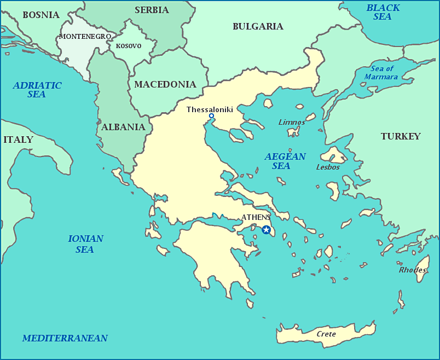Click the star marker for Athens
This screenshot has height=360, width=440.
coord(266,230)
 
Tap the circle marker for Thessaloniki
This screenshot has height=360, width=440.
coord(211,116)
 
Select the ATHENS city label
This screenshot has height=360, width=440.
coord(256,217)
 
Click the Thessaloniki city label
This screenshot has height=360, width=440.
coord(210,109)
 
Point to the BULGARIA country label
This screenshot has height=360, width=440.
coord(258,26)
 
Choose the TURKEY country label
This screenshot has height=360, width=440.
coord(401,136)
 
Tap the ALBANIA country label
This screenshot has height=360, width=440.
coord(123,127)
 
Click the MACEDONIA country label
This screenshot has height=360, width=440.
coord(165,84)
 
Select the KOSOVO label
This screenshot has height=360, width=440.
coord(129,46)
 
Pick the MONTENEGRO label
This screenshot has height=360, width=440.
coord(85,37)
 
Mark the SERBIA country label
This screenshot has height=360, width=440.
coord(152,10)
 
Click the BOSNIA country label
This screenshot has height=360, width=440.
coord(41,15)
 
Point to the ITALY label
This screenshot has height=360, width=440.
coord(18,140)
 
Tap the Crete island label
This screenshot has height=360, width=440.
coord(326,334)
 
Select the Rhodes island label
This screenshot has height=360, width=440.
coord(412,270)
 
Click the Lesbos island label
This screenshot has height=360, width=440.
coord(328,167)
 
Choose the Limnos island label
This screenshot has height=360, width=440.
coord(292,122)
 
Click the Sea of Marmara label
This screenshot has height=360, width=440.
coord(381,73)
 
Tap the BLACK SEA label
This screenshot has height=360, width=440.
coord(383,12)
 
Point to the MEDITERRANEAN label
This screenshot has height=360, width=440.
coord(65,338)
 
